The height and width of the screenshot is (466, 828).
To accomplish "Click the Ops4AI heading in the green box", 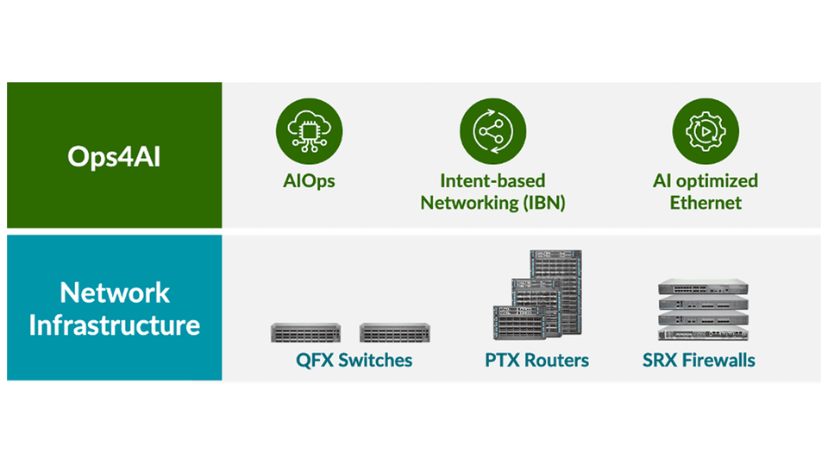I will pyautogui.click(x=114, y=157).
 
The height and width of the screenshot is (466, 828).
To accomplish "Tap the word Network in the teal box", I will pyautogui.click(x=114, y=293).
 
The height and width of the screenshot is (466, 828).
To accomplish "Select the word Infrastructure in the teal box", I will pyautogui.click(x=114, y=325).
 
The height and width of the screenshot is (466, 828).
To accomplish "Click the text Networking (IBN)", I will pyautogui.click(x=492, y=204).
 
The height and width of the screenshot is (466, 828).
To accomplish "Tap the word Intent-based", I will pyautogui.click(x=492, y=181).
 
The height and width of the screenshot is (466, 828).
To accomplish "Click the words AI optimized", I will pyautogui.click(x=706, y=181).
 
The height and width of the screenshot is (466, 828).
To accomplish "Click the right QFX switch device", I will pyautogui.click(x=394, y=332).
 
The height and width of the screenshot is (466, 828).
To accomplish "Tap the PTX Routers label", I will pyautogui.click(x=536, y=360).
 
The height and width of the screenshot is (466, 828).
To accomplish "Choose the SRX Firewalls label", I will pyautogui.click(x=699, y=360).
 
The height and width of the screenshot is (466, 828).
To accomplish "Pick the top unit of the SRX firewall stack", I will pyautogui.click(x=700, y=287).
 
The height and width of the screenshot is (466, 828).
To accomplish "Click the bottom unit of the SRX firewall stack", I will pyautogui.click(x=700, y=337).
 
